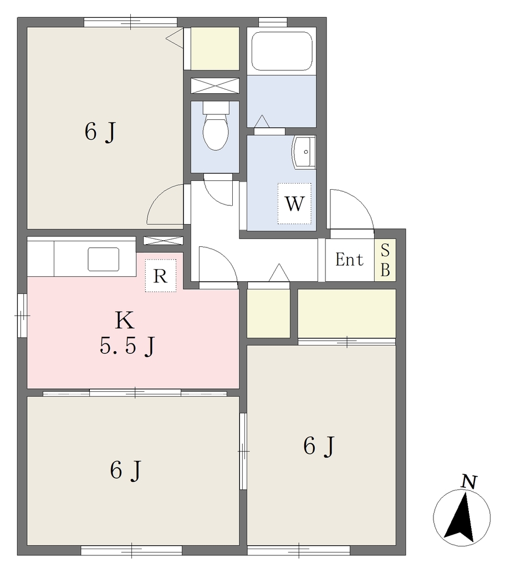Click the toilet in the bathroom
(x=216, y=125)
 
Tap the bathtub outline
(x=282, y=51)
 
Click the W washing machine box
(x=295, y=203)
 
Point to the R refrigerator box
(x=161, y=276)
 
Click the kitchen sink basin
(x=104, y=260)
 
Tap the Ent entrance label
(x=349, y=260)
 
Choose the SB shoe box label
(x=386, y=260)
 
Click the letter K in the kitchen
(x=125, y=321)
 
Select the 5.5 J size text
(x=127, y=346)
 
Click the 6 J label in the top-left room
(x=100, y=132)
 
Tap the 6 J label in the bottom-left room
(x=125, y=471)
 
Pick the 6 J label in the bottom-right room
(x=319, y=446)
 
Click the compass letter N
(x=469, y=482)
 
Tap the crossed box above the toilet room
(x=215, y=85)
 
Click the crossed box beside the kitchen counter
(x=163, y=241)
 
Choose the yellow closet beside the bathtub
(x=215, y=49)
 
